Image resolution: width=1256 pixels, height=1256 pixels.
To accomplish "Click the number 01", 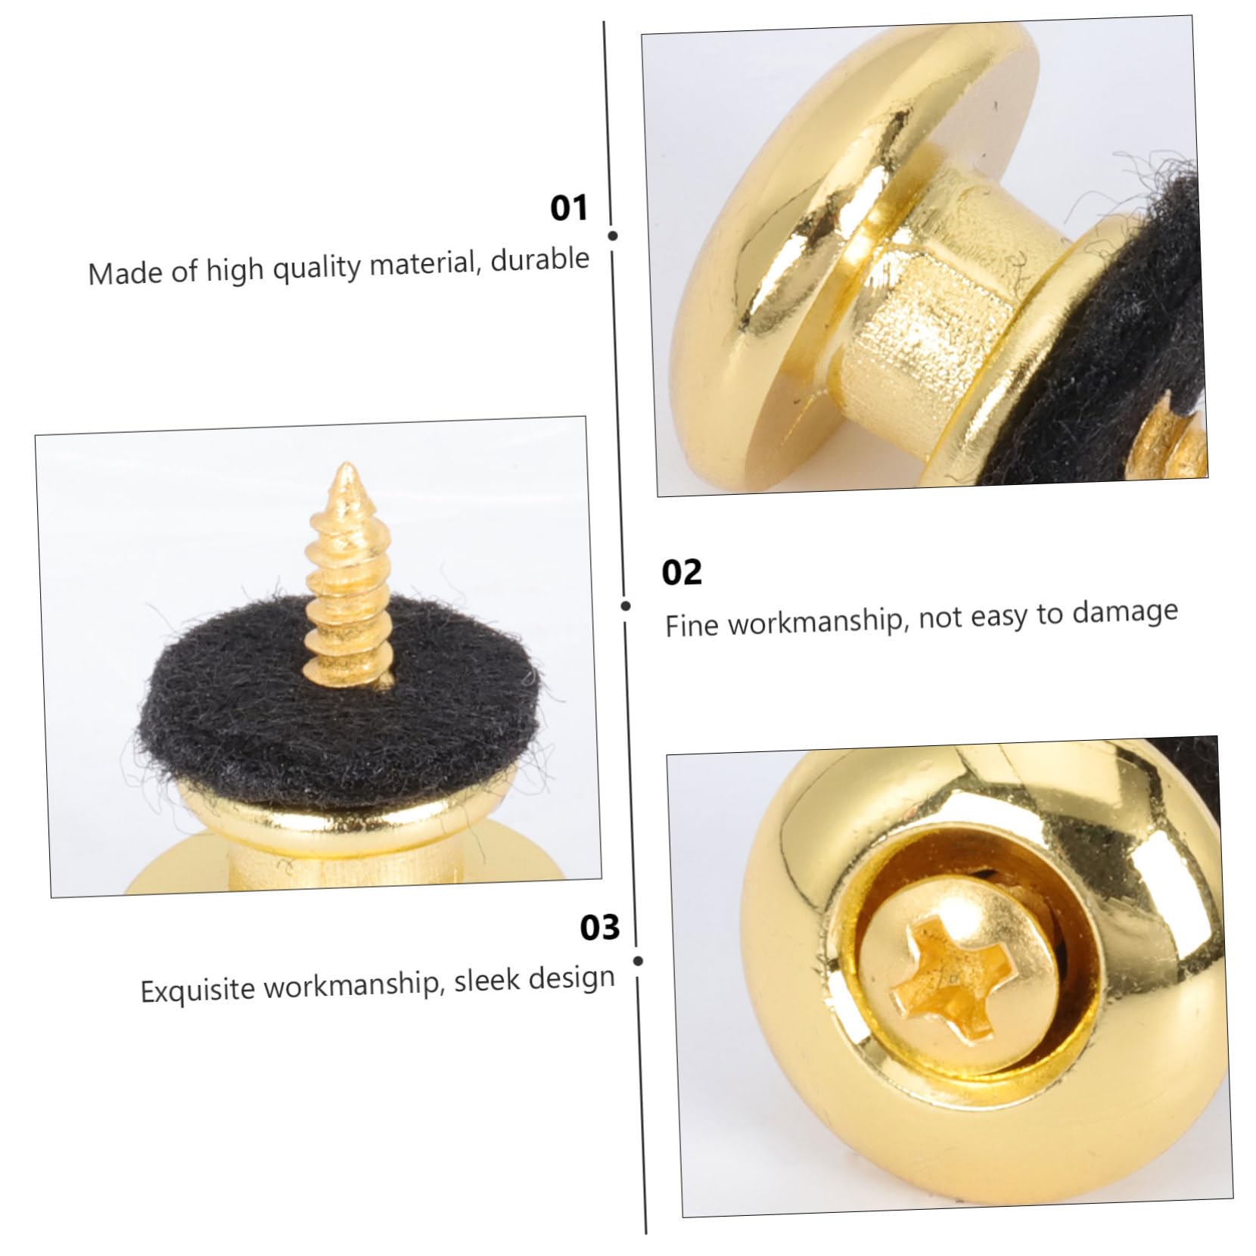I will (x=568, y=208).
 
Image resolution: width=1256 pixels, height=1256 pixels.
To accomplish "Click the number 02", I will (x=682, y=572).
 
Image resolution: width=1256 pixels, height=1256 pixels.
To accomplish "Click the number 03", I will (x=599, y=927).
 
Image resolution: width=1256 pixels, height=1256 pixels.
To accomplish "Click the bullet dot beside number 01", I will (x=613, y=236).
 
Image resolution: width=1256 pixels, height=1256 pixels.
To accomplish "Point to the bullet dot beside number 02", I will (x=626, y=605).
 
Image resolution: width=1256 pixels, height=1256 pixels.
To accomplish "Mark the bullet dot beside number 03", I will (x=638, y=961).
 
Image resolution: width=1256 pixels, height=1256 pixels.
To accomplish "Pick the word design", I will (x=572, y=978).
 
